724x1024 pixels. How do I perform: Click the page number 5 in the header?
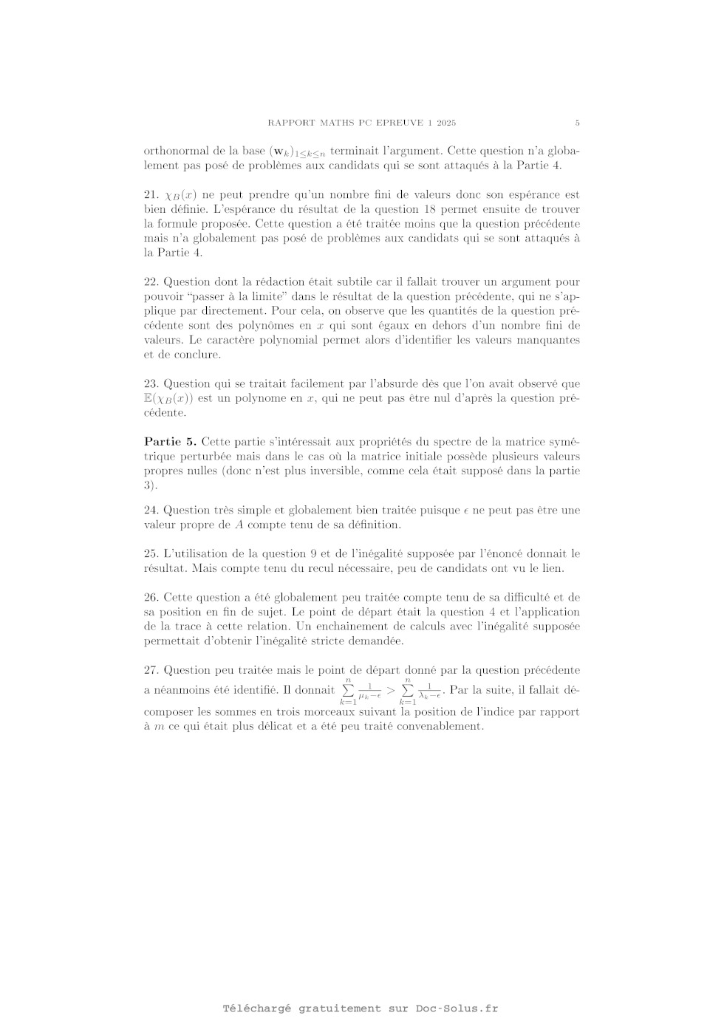click(577, 123)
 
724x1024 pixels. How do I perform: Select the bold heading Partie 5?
click(170, 442)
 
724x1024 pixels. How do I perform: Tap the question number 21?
click(151, 195)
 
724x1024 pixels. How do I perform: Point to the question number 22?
click(151, 282)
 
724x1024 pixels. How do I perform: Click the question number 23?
click(151, 384)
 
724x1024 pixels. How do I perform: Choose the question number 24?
click(151, 511)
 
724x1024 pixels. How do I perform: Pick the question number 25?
click(151, 554)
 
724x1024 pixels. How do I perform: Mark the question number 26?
click(151, 598)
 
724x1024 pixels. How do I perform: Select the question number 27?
click(151, 671)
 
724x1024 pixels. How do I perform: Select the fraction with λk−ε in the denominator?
click(429, 692)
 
